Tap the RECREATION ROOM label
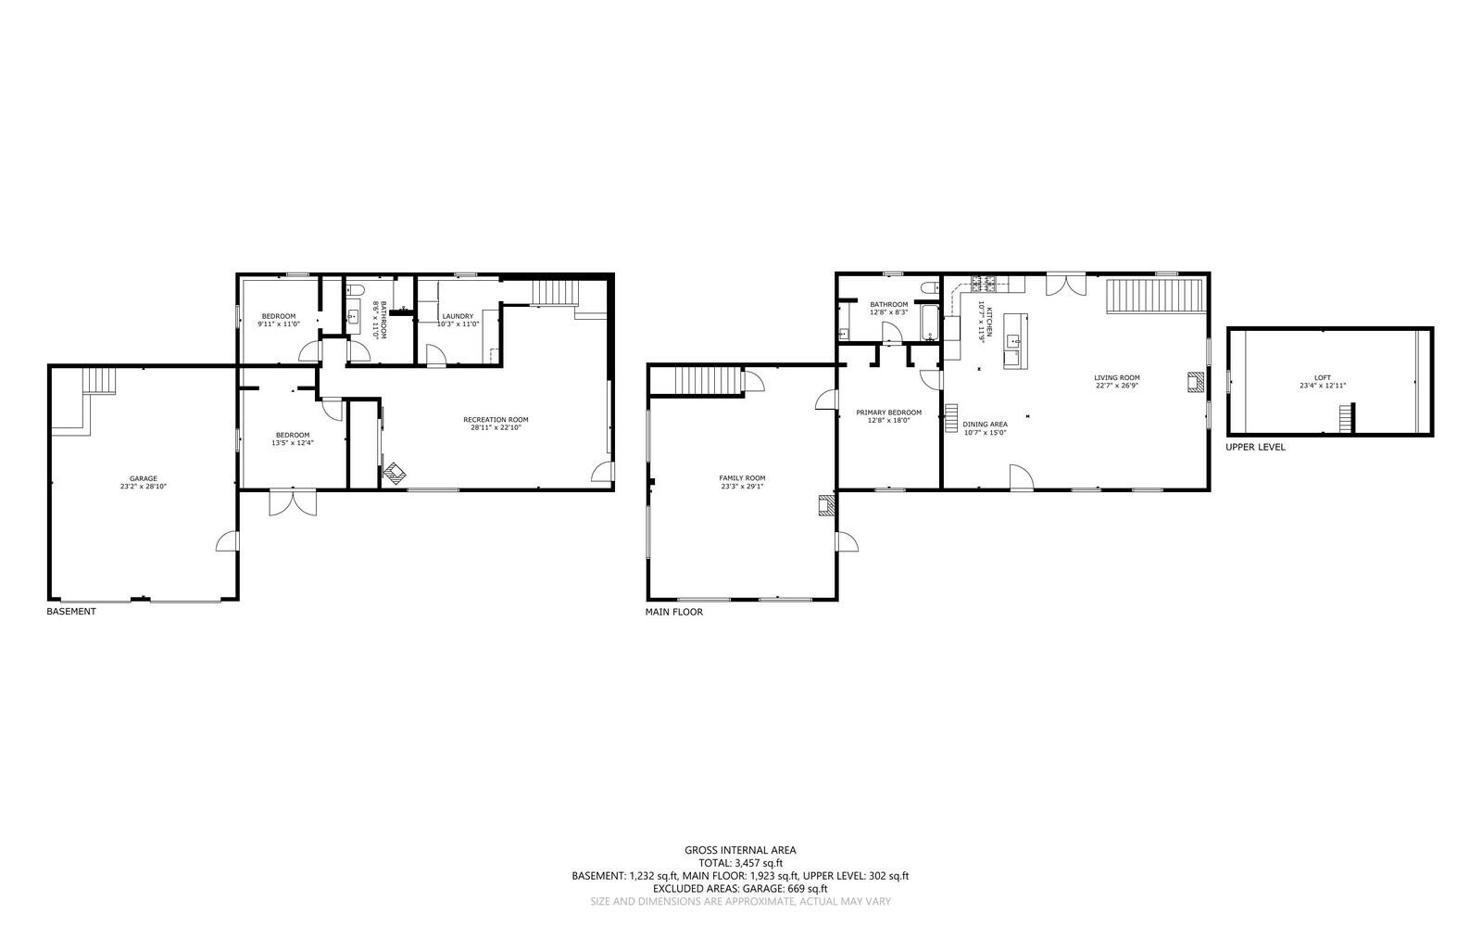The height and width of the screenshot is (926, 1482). pyautogui.click(x=496, y=419)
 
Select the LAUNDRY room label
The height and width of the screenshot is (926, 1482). pyautogui.click(x=458, y=316)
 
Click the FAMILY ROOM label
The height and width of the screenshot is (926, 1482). pyautogui.click(x=742, y=478)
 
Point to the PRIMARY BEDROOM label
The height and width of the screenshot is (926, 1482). pyautogui.click(x=888, y=412)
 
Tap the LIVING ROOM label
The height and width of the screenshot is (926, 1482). pyautogui.click(x=1116, y=377)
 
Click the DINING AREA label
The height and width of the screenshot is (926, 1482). pyautogui.click(x=985, y=425)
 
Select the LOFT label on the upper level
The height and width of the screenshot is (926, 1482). pyautogui.click(x=1322, y=377)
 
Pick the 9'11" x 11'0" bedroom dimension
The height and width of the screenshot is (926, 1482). pyautogui.click(x=278, y=324)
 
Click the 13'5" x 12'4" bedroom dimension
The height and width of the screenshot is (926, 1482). pyautogui.click(x=292, y=443)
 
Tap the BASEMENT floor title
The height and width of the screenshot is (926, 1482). pyautogui.click(x=71, y=612)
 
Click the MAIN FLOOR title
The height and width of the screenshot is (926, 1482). pyautogui.click(x=673, y=612)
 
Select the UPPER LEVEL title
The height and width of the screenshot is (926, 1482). pyautogui.click(x=1255, y=447)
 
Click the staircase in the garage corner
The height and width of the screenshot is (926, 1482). pyautogui.click(x=98, y=381)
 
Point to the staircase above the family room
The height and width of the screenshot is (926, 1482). pyautogui.click(x=709, y=380)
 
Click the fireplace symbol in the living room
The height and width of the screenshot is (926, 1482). pyautogui.click(x=1197, y=382)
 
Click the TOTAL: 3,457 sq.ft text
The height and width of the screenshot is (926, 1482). pyautogui.click(x=739, y=862)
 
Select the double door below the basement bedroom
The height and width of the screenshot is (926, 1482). pyautogui.click(x=292, y=501)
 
